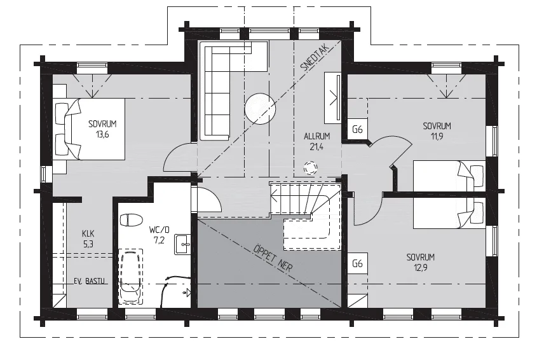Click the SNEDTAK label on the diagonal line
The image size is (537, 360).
315,58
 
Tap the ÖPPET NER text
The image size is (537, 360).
273,258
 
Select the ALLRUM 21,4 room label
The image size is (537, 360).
316,142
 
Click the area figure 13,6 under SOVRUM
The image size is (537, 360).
102,134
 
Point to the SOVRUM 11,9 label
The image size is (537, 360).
437,131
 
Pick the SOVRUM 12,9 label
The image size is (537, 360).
420,262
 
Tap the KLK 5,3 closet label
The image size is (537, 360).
88,239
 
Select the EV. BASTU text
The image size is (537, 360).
90,281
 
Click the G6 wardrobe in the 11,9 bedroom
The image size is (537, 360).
358,129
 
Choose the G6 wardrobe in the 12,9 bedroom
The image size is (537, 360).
358,263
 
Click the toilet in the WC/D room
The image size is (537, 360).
131,220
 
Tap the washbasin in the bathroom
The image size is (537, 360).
183,244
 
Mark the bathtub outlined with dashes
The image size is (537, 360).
130,276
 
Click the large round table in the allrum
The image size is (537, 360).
260,109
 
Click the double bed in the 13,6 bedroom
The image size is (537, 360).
90,129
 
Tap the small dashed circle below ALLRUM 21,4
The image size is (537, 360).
310,168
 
